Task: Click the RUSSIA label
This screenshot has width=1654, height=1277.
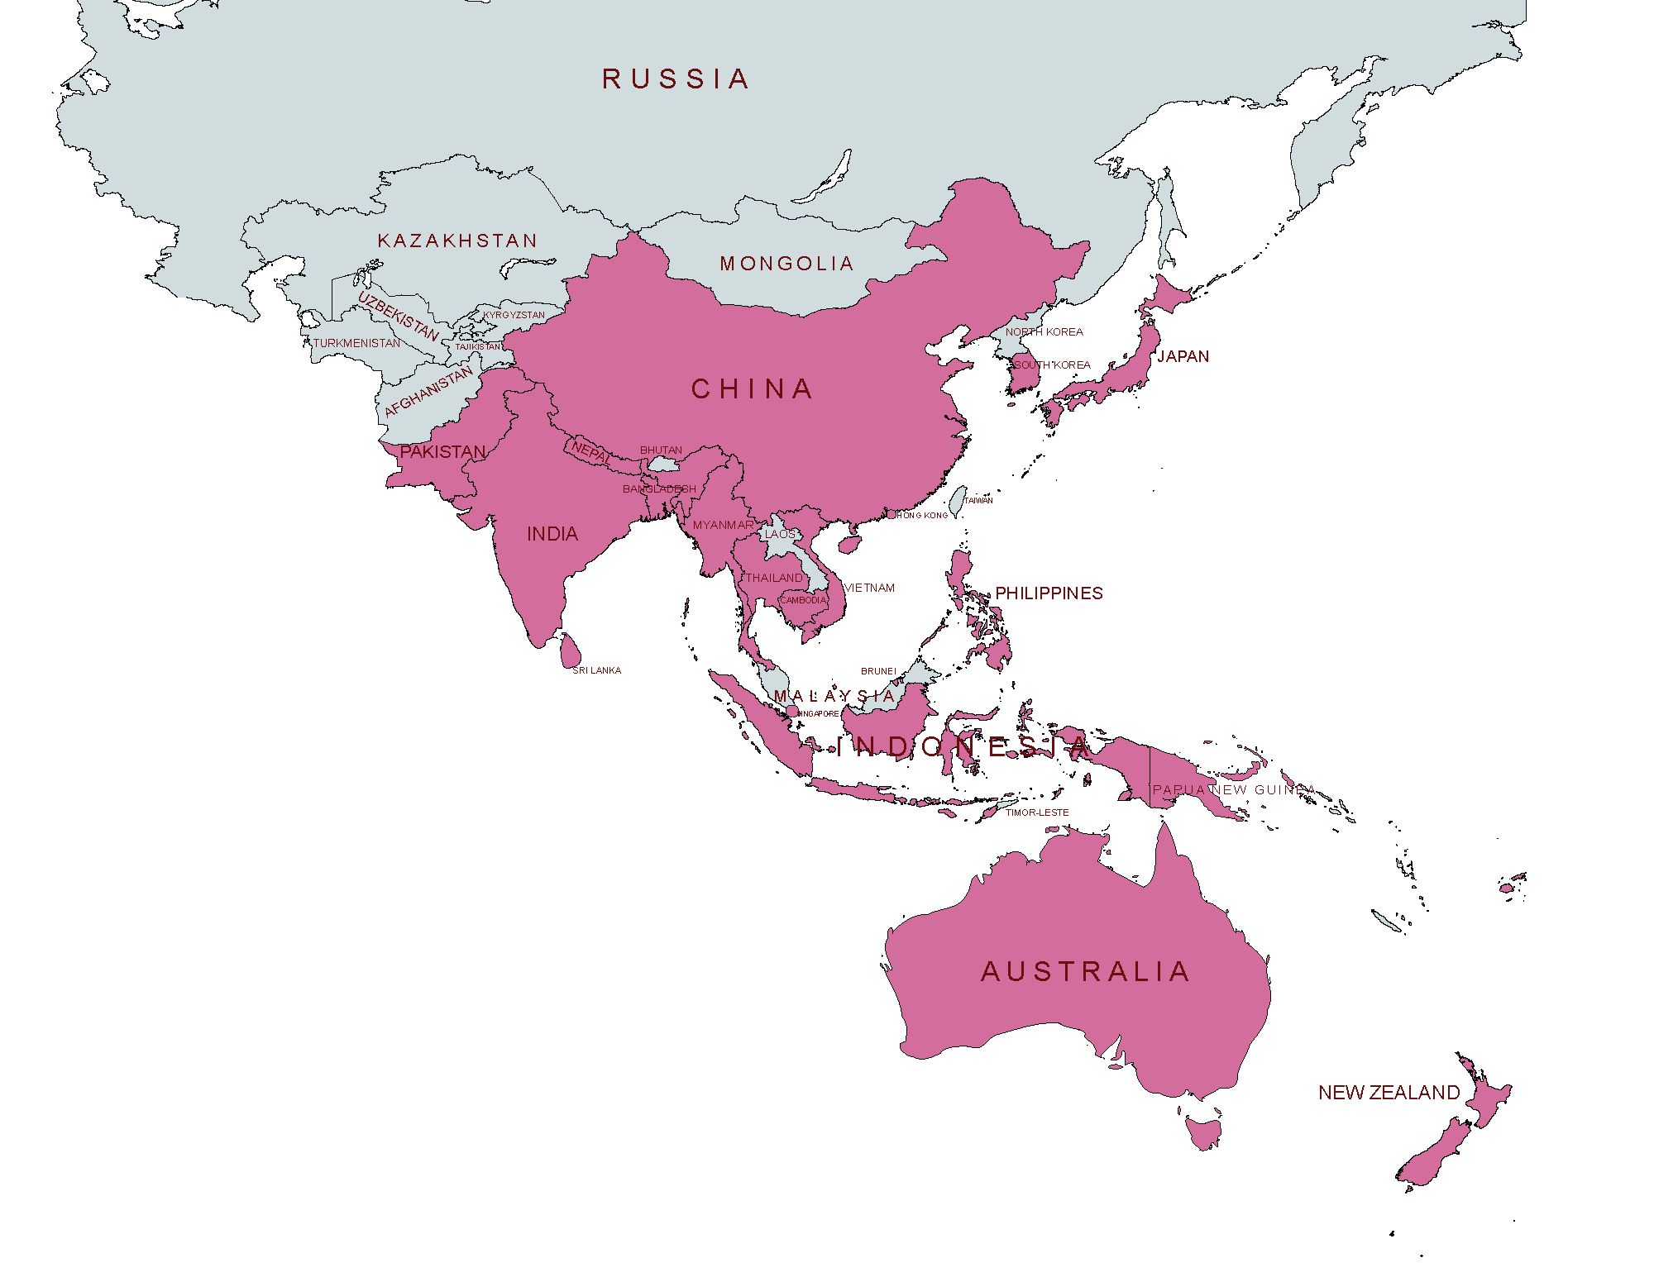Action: (x=676, y=79)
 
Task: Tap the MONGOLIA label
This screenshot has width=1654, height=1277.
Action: (x=786, y=264)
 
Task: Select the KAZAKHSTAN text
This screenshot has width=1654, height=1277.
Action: (x=457, y=241)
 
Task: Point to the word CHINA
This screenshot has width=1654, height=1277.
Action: (x=752, y=388)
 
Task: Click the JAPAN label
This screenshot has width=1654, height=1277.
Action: (x=1183, y=356)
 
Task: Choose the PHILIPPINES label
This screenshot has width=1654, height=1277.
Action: (x=1049, y=593)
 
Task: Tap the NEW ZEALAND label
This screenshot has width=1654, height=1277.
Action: (x=1389, y=1093)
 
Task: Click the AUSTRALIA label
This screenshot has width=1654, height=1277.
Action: (x=1085, y=971)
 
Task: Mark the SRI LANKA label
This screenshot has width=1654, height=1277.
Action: (x=596, y=670)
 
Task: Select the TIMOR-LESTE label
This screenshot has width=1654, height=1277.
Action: (x=1037, y=812)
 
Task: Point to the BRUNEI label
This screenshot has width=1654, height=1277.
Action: (x=878, y=671)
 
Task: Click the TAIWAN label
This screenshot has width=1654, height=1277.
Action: (x=978, y=500)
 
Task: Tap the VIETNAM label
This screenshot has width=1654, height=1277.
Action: (x=869, y=588)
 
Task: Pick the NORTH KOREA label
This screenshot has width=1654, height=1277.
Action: (x=1044, y=331)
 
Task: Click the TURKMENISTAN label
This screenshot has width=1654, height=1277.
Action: (x=356, y=343)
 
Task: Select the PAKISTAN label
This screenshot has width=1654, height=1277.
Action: (x=442, y=452)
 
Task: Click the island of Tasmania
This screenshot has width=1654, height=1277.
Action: (x=1203, y=1131)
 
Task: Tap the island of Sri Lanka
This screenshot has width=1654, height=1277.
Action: (x=569, y=651)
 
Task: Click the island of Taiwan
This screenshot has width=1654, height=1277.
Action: (x=956, y=501)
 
